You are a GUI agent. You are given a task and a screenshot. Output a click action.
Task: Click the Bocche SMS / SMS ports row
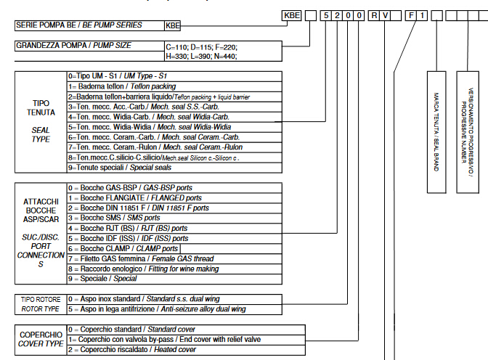click(x=113, y=218)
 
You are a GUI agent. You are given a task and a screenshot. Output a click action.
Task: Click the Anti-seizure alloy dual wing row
click(x=156, y=309)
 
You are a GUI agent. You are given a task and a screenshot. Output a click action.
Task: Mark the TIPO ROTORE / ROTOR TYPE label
click(x=39, y=304)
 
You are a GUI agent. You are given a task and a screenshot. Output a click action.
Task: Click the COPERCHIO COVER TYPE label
click(x=39, y=340)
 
